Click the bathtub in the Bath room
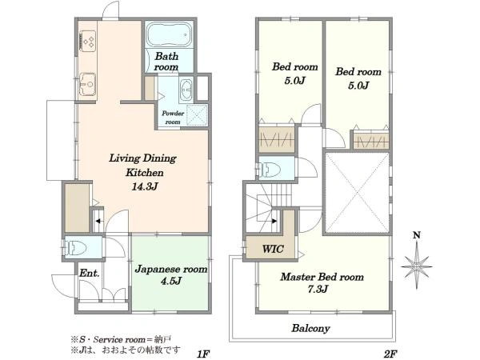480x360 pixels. tap(169, 34)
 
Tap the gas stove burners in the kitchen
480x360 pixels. tap(89, 42)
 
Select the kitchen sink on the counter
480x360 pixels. tap(88, 83)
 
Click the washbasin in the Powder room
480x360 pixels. tap(186, 90)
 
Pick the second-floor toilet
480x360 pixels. tap(270, 168)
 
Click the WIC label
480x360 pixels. tap(273, 249)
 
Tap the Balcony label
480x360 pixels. tap(310, 328)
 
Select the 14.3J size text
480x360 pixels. tap(145, 186)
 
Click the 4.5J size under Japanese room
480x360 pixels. tap(171, 281)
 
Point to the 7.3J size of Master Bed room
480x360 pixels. tap(318, 289)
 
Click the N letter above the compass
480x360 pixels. tap(417, 235)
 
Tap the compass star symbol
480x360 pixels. tap(416, 266)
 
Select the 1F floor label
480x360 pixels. tap(202, 354)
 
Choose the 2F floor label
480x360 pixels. tap(390, 354)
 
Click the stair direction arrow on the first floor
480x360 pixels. tap(98, 221)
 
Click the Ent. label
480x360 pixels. tap(89, 273)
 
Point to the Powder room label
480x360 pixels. tap(173, 118)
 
